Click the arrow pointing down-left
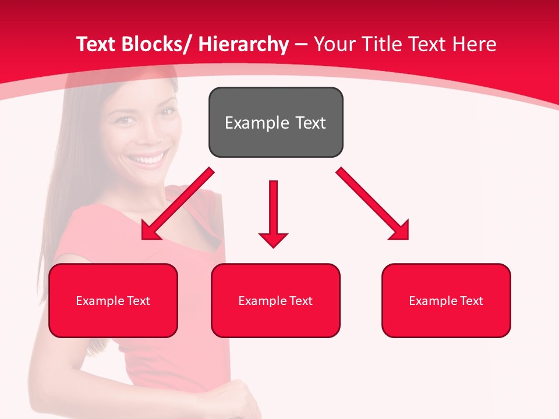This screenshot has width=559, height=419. coord(177,204)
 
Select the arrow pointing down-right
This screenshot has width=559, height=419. coord(373,204)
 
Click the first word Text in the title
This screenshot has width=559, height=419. coord(96,44)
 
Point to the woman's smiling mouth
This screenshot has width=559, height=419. coord(147,158)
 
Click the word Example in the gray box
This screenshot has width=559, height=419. coord(249,123)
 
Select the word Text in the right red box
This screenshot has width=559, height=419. coord(471,301)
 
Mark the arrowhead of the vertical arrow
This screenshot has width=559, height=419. coord(273,239)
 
